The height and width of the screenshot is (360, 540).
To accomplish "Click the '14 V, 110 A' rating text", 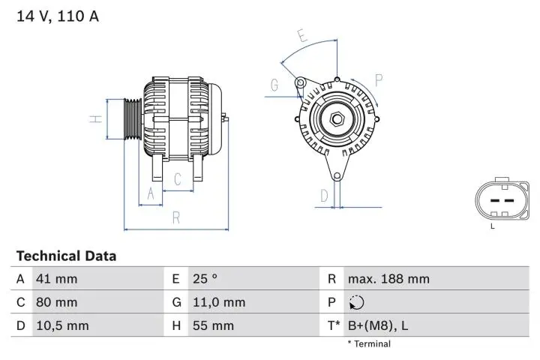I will pyautogui.click(x=58, y=16).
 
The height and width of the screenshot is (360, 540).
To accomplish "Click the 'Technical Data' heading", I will pyautogui.click(x=66, y=256).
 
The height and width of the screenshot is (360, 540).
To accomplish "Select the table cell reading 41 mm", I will pyautogui.click(x=56, y=279).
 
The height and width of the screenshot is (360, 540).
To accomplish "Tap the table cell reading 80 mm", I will pyautogui.click(x=56, y=302).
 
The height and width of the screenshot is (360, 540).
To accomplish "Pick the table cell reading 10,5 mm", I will pyautogui.click(x=62, y=325).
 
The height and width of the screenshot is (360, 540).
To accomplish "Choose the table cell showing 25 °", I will pyautogui.click(x=204, y=279).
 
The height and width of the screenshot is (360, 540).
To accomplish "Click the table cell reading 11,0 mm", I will pyautogui.click(x=218, y=302).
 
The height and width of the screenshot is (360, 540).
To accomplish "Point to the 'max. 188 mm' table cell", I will pyautogui.click(x=388, y=279).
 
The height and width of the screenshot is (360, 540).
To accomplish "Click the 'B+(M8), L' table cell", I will pyautogui.click(x=377, y=325).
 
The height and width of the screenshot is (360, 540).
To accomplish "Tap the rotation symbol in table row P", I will pyautogui.click(x=356, y=302).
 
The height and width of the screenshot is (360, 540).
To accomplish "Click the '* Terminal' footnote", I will pyautogui.click(x=368, y=344).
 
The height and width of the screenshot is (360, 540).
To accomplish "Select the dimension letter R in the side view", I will pyautogui.click(x=175, y=218).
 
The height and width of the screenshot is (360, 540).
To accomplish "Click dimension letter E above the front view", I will pyautogui.click(x=301, y=35).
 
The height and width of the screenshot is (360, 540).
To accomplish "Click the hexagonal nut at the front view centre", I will pyautogui.click(x=337, y=118).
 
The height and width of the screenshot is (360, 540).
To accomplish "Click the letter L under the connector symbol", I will pyautogui.click(x=493, y=226).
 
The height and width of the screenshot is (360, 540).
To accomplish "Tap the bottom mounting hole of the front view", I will pyautogui.click(x=337, y=176).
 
